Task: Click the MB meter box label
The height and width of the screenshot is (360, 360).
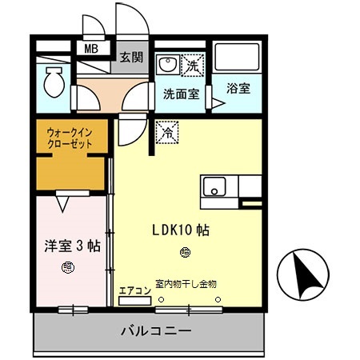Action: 93,48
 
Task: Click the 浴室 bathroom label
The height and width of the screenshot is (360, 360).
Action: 238,89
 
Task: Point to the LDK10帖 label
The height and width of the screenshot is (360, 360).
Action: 181,230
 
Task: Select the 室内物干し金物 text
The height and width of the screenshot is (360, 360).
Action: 186,283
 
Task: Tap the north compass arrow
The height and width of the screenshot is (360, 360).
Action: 305,273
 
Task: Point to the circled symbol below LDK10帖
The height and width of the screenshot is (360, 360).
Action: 186,254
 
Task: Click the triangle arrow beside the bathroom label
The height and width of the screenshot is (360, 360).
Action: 217,102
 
